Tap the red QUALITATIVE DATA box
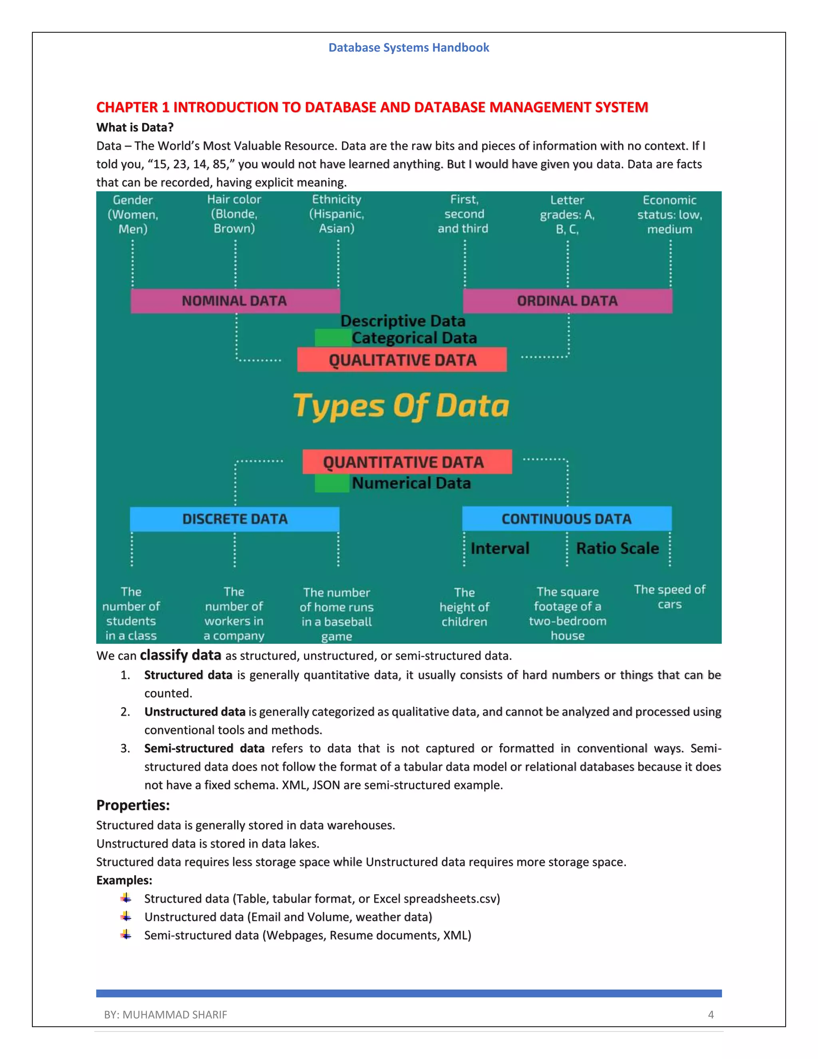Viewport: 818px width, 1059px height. click(x=402, y=360)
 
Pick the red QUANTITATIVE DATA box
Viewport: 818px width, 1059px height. click(x=407, y=462)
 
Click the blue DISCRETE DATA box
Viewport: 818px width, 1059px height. click(x=234, y=519)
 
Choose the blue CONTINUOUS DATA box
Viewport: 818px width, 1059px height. click(x=566, y=519)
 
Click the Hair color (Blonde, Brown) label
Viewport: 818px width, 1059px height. click(x=234, y=214)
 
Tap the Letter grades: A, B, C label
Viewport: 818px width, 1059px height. click(x=567, y=214)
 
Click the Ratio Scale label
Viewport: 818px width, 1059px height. click(x=617, y=548)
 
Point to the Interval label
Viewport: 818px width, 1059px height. click(x=500, y=548)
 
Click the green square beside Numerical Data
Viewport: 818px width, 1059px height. click(x=332, y=484)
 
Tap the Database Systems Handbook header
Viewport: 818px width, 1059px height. click(x=409, y=48)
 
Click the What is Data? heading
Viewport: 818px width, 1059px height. click(x=135, y=127)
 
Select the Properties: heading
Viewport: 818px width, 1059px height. click(x=133, y=805)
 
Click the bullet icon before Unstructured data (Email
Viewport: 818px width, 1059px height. click(x=126, y=916)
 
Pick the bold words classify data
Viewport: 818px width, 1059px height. click(x=180, y=655)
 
